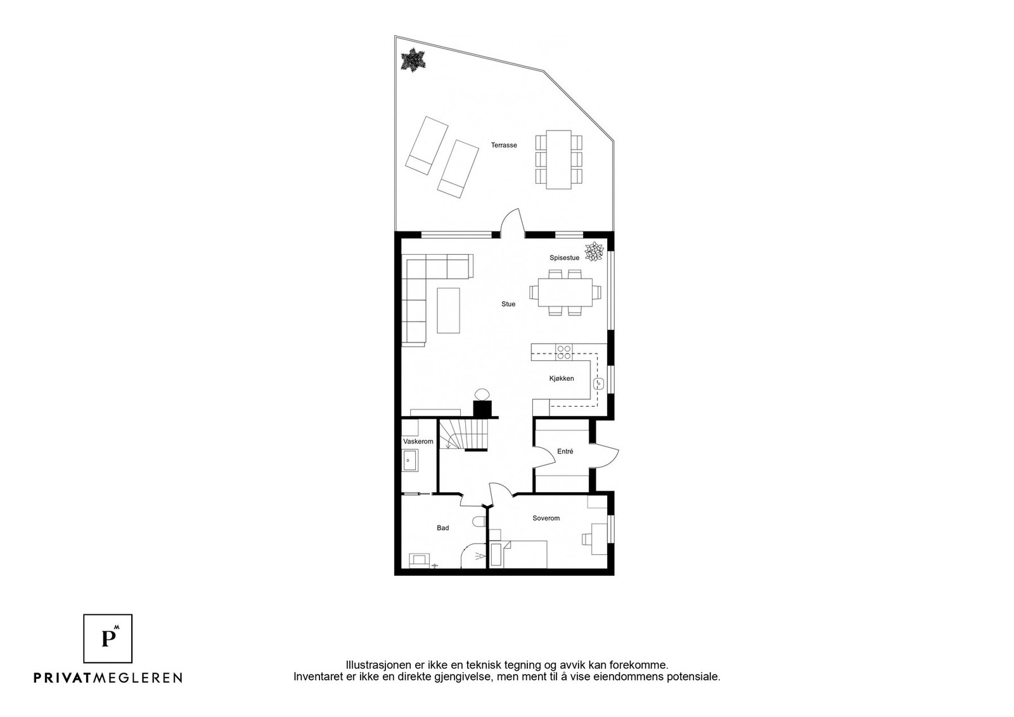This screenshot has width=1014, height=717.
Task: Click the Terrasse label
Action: [504, 145]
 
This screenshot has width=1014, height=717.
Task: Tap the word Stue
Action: [508, 304]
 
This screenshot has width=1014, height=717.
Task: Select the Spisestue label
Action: [565, 258]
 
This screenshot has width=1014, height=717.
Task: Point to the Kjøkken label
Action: [562, 378]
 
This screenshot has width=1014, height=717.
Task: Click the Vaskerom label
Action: [418, 441]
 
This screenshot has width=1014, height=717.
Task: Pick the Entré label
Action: [565, 451]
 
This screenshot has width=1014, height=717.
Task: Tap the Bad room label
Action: [443, 528]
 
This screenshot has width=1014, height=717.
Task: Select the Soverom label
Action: [546, 518]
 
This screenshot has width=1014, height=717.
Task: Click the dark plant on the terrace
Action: [413, 60]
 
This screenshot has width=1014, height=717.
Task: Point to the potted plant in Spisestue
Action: [594, 251]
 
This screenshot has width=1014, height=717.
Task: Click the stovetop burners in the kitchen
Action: [564, 352]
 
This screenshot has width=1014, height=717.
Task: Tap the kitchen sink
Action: [598, 384]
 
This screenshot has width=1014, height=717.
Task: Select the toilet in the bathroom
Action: [479, 521]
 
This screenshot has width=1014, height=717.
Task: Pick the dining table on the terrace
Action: [558, 160]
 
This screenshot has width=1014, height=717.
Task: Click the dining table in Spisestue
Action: [565, 292]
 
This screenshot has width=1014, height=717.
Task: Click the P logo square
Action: [108, 638]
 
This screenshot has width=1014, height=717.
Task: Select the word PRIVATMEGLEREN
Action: [108, 677]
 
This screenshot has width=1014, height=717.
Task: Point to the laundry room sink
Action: [410, 460]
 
